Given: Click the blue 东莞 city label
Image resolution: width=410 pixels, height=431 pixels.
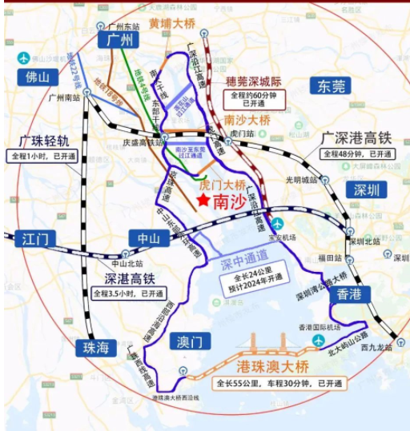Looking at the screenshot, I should [330, 86].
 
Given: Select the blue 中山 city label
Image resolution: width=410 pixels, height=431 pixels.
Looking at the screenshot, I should [149, 237].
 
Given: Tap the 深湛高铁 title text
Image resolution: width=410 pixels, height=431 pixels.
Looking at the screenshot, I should [127, 279].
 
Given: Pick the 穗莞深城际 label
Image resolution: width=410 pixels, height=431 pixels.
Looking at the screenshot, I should [253, 82].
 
